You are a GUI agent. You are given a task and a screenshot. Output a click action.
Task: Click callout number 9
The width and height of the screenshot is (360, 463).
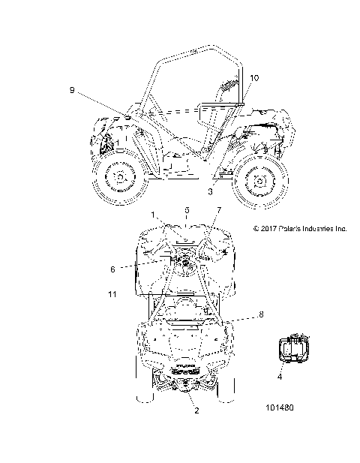coord(72,90)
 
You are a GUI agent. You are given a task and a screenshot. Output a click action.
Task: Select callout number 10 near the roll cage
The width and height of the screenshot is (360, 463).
coord(254,78)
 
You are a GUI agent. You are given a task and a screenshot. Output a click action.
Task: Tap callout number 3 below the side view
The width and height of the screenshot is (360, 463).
coord(210,191)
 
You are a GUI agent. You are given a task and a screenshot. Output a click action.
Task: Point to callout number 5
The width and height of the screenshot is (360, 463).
coord(187,210)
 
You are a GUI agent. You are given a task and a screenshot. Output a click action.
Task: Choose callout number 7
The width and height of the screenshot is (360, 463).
coord(219,210)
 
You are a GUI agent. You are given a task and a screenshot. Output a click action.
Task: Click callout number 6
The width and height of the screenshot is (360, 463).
coord(112,269)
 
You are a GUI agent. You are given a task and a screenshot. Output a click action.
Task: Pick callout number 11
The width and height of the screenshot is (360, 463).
coord(112,294)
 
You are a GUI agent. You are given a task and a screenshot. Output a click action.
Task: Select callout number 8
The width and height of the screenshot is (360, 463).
coord(261,314)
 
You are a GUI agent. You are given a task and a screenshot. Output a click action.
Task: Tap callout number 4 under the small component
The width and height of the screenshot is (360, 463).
coord(280,377)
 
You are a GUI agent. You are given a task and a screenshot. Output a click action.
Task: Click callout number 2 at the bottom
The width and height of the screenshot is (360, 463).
coord(196,410)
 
